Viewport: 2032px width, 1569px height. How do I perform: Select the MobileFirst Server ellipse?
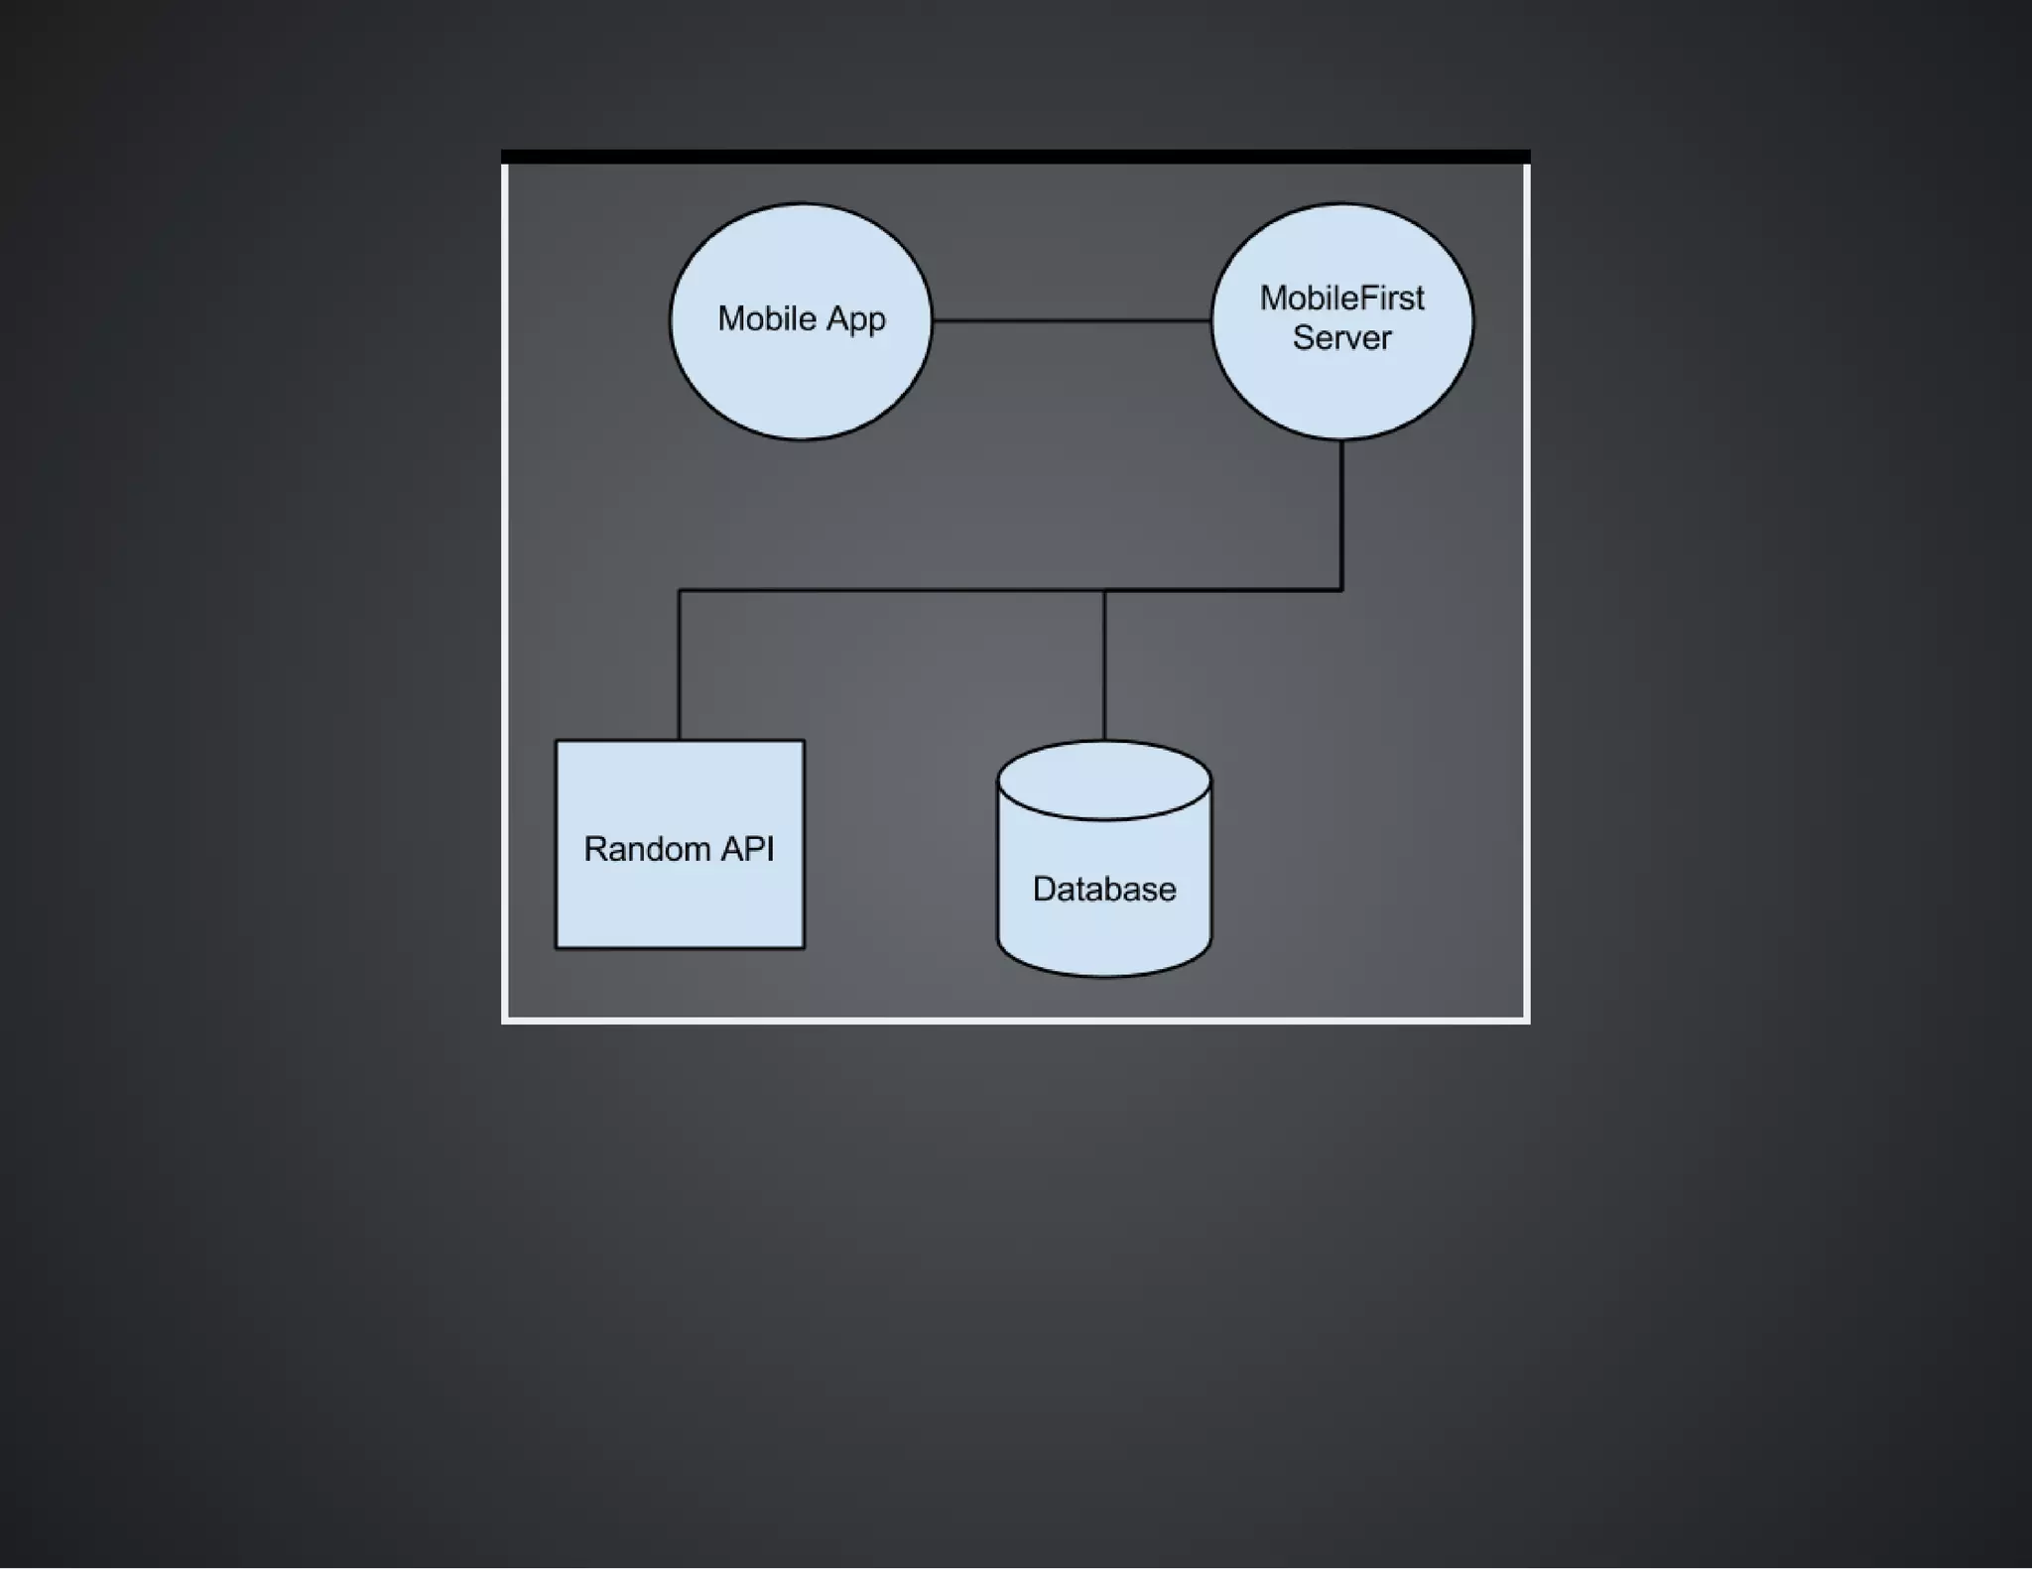click(1341, 392)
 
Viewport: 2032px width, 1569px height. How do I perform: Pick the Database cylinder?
click(1104, 932)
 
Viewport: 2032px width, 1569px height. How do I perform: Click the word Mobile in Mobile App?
click(766, 319)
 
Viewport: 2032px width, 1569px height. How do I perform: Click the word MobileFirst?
click(1341, 299)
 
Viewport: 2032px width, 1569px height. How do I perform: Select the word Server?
click(1341, 338)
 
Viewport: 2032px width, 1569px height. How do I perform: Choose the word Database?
click(1104, 889)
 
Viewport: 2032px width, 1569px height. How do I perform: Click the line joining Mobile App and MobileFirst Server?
click(1072, 320)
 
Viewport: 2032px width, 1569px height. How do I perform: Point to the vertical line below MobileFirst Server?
click(1341, 516)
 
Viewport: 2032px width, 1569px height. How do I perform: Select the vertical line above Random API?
click(680, 664)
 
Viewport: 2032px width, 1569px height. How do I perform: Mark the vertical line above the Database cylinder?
click(1104, 664)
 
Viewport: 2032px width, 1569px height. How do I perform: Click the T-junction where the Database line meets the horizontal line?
click(1104, 591)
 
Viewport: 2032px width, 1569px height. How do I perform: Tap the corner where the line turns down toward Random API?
click(680, 591)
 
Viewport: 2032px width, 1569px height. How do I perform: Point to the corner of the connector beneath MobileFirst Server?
click(1341, 590)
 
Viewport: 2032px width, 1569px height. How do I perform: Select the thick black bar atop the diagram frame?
click(1015, 157)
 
